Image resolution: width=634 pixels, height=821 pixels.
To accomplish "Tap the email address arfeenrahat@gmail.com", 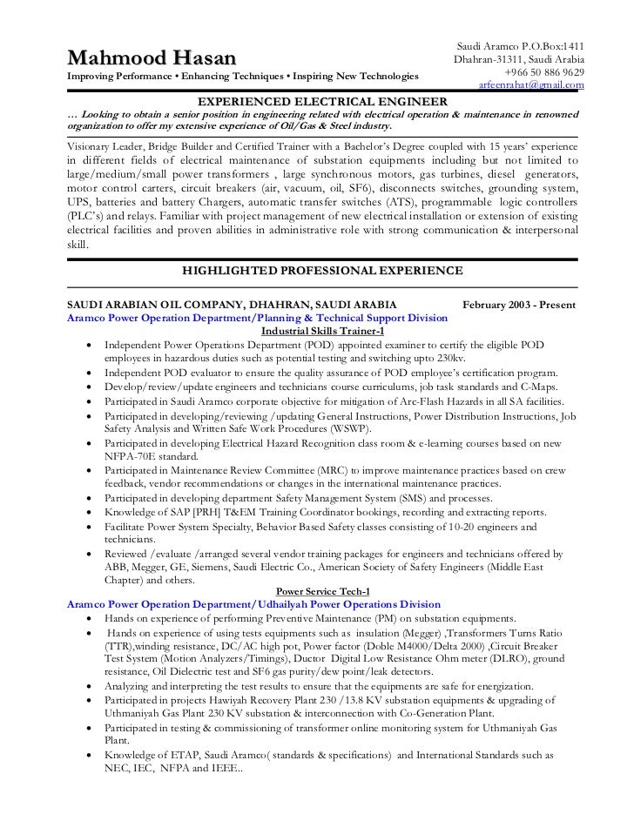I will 531,85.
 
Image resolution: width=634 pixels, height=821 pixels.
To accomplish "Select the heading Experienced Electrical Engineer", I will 323,103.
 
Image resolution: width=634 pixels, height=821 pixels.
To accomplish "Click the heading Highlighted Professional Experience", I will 322,271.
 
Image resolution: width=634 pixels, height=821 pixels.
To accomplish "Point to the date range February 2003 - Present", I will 524,305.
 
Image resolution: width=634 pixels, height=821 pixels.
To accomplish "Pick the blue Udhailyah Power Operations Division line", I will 253,604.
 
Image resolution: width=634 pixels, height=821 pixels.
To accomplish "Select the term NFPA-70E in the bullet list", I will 133,457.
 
